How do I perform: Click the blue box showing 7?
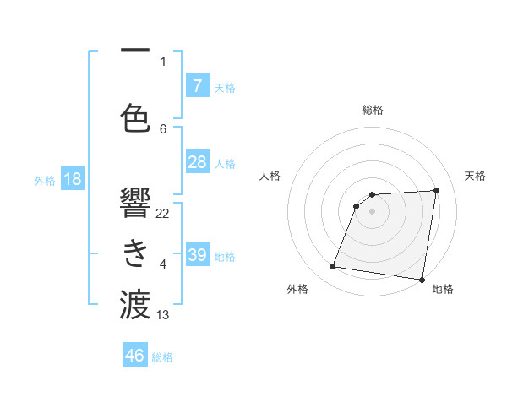click(x=197, y=85)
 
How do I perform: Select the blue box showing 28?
click(x=197, y=162)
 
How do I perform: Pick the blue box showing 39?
click(x=197, y=255)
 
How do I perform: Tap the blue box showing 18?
click(x=72, y=179)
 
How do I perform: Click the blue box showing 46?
click(x=135, y=356)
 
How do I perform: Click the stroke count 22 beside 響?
click(x=163, y=213)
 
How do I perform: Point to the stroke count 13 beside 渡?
click(x=163, y=315)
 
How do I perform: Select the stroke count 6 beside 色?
click(x=163, y=128)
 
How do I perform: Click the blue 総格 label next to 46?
click(x=163, y=357)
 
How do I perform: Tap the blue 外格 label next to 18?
click(x=45, y=181)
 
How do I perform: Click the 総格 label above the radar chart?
click(x=372, y=110)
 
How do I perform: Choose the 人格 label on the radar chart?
click(x=270, y=176)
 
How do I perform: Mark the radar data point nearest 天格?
click(x=436, y=190)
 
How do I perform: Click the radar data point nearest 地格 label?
click(x=422, y=280)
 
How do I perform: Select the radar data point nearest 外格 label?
click(x=333, y=267)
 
